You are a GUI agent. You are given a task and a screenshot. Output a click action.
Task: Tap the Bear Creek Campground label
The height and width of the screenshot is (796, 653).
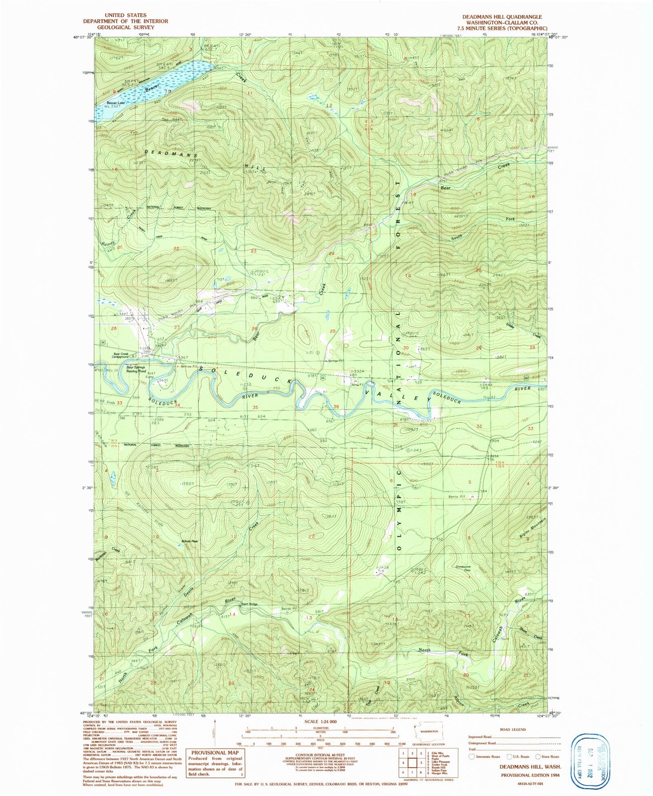[x=121, y=355]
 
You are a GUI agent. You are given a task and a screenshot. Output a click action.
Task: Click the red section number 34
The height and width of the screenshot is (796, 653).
[x=178, y=405]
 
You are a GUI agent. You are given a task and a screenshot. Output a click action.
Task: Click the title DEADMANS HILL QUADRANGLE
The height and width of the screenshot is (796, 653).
[x=502, y=17]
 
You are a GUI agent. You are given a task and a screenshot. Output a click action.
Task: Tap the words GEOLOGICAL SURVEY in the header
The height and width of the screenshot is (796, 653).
[x=125, y=27]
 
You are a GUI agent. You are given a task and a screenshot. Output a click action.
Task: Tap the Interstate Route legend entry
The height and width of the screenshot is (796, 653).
[x=485, y=756]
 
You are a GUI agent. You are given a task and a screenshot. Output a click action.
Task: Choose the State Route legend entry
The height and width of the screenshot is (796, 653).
[x=548, y=756]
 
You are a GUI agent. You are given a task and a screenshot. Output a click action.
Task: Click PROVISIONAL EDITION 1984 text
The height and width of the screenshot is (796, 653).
[x=530, y=774]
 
